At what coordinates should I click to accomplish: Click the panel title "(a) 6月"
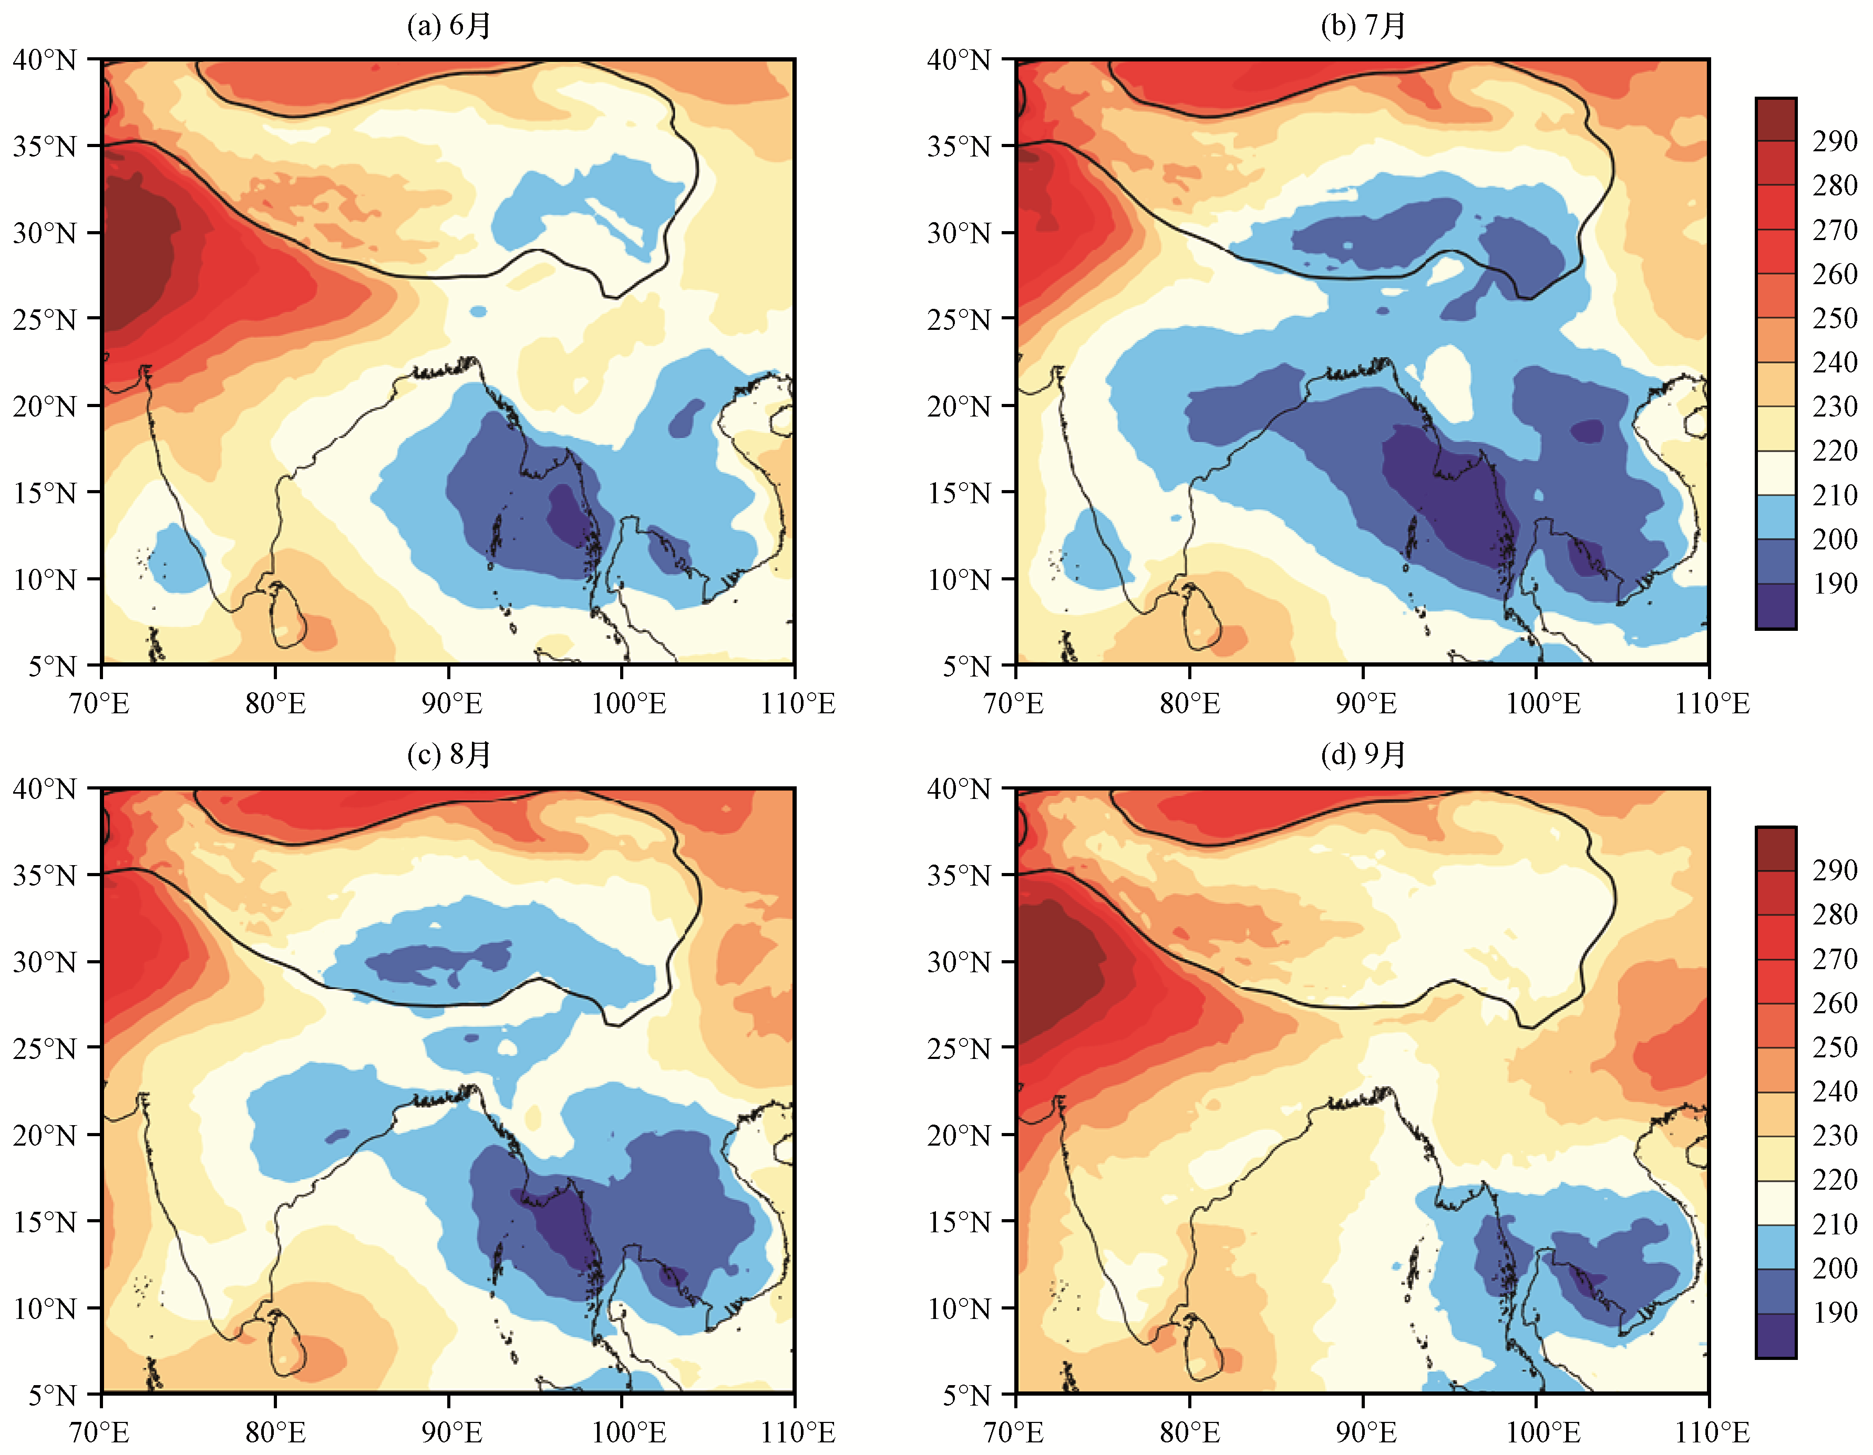[x=448, y=26]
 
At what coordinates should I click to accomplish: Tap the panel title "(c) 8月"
[x=448, y=754]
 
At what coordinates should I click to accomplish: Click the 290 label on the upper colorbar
[x=1835, y=141]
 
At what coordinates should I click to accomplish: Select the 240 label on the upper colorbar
[x=1835, y=362]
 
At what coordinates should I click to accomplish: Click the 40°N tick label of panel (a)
[x=45, y=60]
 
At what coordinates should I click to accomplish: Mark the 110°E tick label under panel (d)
[x=1712, y=1432]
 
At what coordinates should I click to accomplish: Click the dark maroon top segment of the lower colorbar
[x=1775, y=849]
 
